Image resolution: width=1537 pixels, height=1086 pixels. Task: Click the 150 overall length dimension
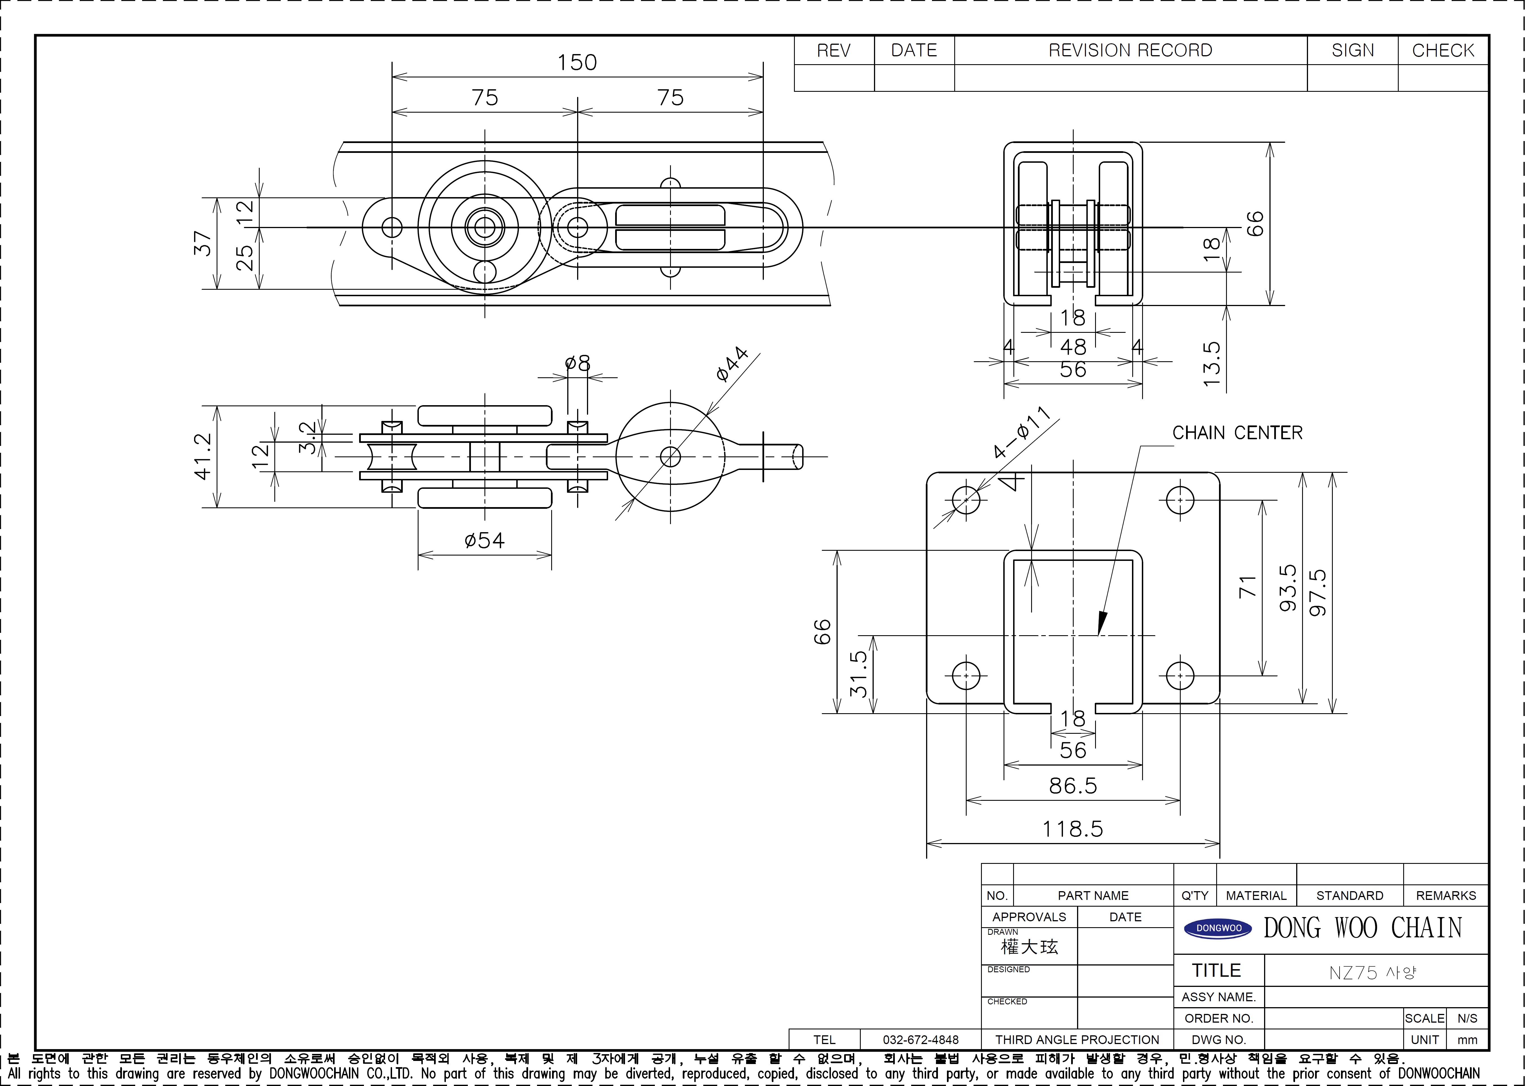(x=577, y=62)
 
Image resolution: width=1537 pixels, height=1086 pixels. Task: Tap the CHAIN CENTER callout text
(x=1237, y=433)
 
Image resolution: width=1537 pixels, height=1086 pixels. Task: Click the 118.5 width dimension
(x=1073, y=829)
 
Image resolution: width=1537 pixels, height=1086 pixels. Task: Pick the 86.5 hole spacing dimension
(x=1073, y=786)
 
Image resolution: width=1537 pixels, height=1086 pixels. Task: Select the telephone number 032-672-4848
(x=920, y=1040)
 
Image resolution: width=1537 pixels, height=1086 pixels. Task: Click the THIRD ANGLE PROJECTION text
(x=1077, y=1040)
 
